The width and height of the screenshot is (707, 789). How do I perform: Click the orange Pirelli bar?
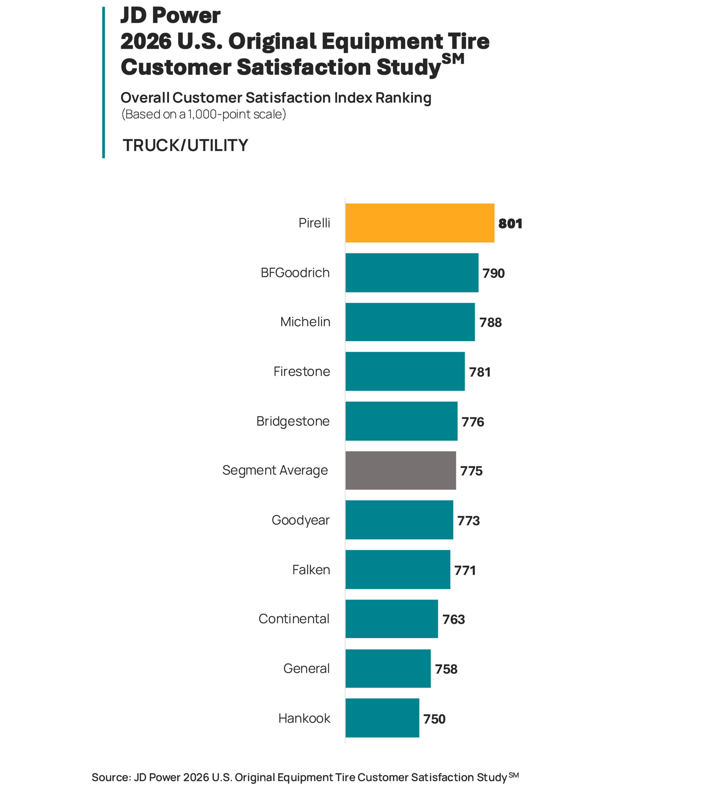tap(420, 223)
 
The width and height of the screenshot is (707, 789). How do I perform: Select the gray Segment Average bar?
tap(400, 470)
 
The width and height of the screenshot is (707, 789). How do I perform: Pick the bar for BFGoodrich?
tap(412, 272)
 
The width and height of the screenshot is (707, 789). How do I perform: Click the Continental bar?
tap(391, 619)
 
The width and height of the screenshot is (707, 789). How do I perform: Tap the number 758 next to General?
tap(446, 669)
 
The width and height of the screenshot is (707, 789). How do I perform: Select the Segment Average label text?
tap(275, 470)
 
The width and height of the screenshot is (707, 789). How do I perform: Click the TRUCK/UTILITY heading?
tap(185, 145)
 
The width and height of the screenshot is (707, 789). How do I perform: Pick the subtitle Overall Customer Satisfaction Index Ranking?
tap(276, 98)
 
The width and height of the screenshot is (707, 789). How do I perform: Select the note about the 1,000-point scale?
tap(204, 114)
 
